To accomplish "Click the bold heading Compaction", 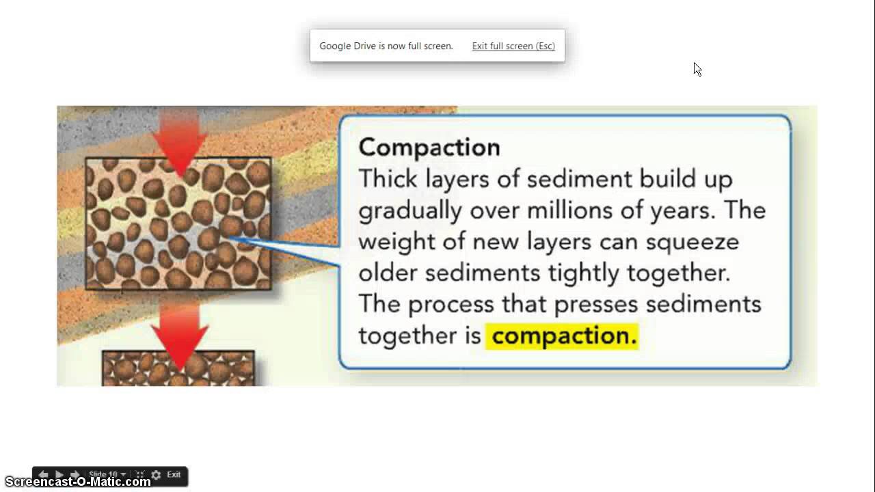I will pos(429,148).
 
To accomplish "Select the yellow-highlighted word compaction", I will pos(563,336).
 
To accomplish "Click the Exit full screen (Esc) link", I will pos(513,46).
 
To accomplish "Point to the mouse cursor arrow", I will pos(697,69).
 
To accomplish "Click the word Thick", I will pos(388,179).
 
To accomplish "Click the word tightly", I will pos(583,273).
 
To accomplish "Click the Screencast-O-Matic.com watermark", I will pos(77,482).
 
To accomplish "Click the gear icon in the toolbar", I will pos(156,475).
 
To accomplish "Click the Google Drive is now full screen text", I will pos(386,46).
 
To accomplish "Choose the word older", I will pos(388,273).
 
